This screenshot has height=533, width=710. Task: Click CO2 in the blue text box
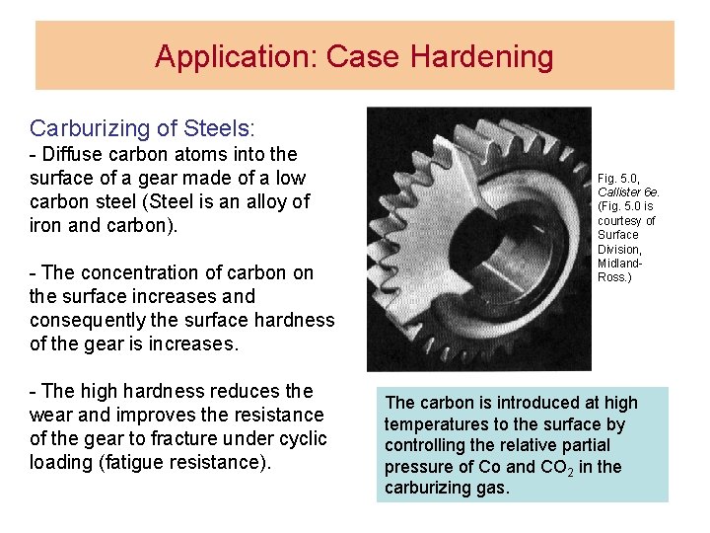(547, 467)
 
